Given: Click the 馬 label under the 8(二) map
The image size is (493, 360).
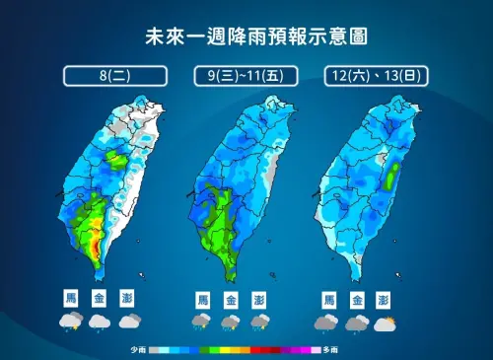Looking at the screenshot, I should pyautogui.click(x=71, y=297).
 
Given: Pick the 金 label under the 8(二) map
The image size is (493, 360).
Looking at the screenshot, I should pyautogui.click(x=99, y=297).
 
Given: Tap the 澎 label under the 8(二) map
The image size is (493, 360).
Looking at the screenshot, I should pyautogui.click(x=127, y=297).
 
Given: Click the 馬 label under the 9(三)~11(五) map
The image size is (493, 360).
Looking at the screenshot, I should pyautogui.click(x=202, y=299).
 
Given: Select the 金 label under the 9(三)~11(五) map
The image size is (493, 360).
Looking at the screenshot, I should pyautogui.click(x=231, y=299).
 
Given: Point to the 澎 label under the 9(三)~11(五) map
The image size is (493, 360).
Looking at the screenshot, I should pyautogui.click(x=259, y=299).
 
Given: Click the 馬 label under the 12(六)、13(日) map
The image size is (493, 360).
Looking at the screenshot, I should pyautogui.click(x=327, y=299).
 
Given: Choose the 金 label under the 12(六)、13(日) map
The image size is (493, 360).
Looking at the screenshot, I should pyautogui.click(x=356, y=299).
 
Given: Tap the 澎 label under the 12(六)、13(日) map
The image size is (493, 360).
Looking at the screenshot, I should pyautogui.click(x=385, y=299).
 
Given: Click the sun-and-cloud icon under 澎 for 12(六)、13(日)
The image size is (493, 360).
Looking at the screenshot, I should pyautogui.click(x=387, y=323).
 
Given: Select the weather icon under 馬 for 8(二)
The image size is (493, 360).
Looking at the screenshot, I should pyautogui.click(x=71, y=321).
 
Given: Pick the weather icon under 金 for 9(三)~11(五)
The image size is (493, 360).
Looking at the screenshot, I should pyautogui.click(x=231, y=323).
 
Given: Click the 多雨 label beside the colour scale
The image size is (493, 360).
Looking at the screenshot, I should pyautogui.click(x=330, y=350).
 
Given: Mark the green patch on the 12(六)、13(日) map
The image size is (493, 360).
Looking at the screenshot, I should pyautogui.click(x=394, y=178).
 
